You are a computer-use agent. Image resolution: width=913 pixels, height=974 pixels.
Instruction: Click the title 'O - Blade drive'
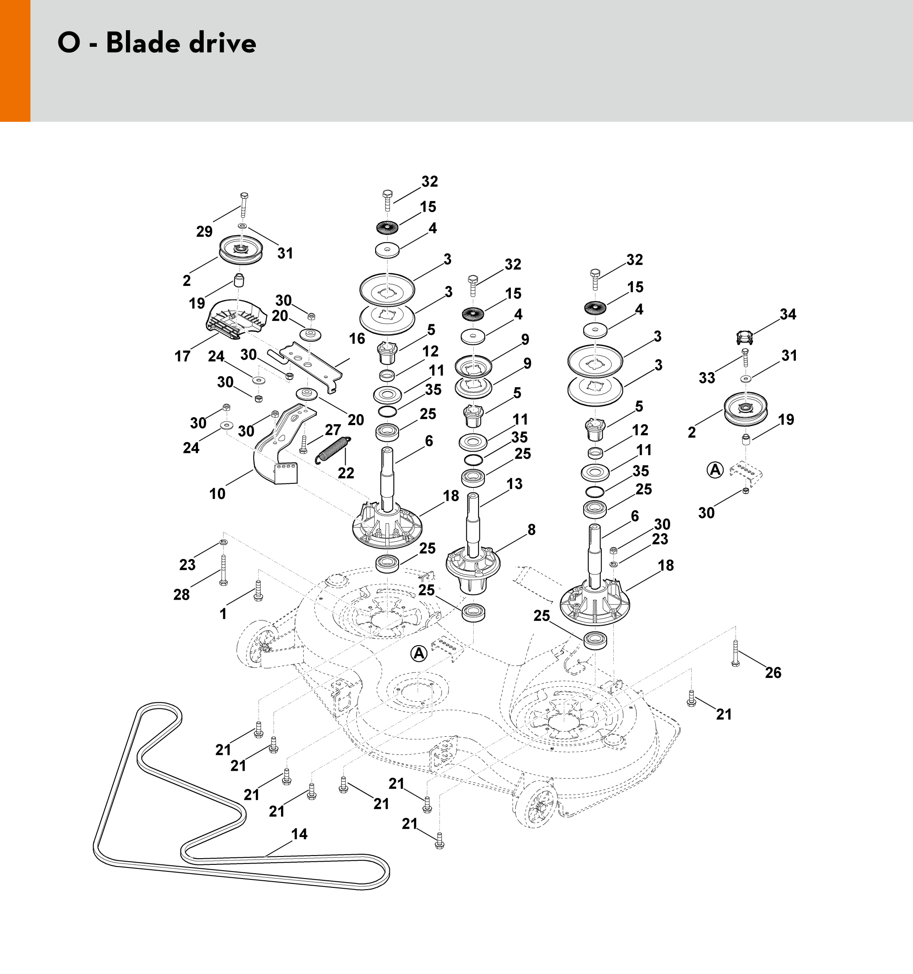[157, 43]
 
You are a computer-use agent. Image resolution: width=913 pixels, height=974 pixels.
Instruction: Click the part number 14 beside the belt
[299, 834]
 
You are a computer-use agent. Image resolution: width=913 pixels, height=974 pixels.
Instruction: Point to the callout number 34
[787, 314]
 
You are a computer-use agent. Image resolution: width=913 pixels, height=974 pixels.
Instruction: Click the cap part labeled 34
[745, 338]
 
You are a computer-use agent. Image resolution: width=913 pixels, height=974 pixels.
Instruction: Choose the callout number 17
[182, 356]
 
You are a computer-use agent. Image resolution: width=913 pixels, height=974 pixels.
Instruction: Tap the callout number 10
[217, 493]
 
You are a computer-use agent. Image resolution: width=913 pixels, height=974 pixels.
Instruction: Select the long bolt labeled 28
[223, 568]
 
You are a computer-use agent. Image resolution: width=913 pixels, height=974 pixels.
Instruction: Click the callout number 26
[773, 673]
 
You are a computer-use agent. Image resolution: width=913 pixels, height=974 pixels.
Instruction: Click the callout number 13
[514, 484]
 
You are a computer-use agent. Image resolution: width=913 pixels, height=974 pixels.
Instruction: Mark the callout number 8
[532, 529]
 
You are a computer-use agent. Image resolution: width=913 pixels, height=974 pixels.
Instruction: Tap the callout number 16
[357, 339]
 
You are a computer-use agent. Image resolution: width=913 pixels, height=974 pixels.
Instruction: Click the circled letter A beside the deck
[419, 654]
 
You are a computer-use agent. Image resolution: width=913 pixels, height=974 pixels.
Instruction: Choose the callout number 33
[707, 378]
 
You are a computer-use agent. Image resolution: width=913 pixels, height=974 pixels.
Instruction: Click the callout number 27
[333, 430]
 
